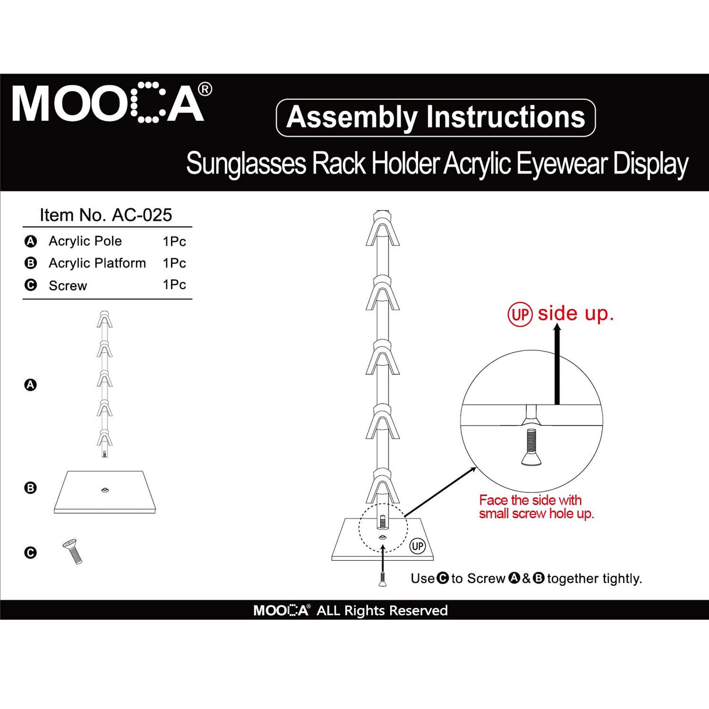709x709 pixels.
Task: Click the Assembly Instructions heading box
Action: click(435, 117)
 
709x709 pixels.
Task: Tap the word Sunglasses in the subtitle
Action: click(246, 164)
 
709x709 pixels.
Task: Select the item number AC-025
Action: click(142, 215)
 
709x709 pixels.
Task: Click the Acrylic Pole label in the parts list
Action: click(85, 241)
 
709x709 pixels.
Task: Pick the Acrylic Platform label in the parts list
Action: click(97, 263)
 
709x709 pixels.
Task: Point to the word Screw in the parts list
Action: click(68, 286)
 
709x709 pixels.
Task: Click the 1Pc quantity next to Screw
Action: click(174, 284)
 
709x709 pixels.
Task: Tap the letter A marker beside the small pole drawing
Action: click(30, 385)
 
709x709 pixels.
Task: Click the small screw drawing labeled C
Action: click(73, 551)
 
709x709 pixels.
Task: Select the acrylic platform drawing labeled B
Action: click(105, 492)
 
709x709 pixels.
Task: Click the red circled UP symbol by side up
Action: click(520, 315)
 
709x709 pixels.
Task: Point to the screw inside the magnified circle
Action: click(530, 447)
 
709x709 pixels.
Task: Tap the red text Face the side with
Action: click(530, 500)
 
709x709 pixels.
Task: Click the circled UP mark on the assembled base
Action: click(417, 546)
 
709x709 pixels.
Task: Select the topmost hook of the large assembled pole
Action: click(383, 230)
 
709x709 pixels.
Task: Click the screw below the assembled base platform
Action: click(382, 579)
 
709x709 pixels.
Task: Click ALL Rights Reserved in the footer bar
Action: click(381, 610)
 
